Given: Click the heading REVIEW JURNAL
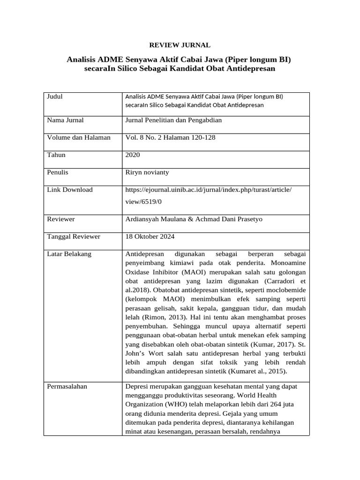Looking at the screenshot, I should pos(180,45).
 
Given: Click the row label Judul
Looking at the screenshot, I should pos(55,97).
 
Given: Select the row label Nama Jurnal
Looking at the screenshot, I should pos(66,120).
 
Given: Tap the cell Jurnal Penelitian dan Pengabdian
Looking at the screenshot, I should pos(173,120).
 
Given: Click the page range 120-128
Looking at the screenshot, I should pos(202,137).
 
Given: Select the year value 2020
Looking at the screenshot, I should pos(133,155).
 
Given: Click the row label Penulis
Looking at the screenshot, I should pos(58,172).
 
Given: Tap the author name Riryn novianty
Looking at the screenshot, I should pos(147,172).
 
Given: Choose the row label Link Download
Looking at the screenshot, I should pos(70,189).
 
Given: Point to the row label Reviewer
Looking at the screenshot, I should pos(61,219).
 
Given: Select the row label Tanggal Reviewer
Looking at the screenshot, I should pos(74,236).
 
